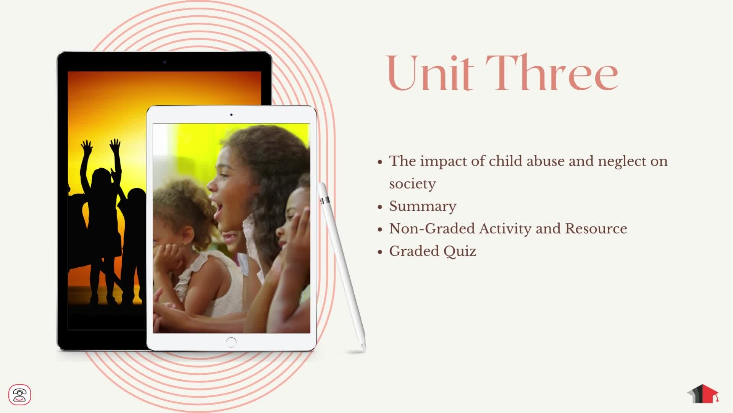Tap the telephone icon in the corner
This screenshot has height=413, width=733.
(x=19, y=395)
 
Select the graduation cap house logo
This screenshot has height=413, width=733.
(x=703, y=394)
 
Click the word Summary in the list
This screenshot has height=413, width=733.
(x=423, y=206)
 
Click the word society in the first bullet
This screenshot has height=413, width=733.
(x=412, y=184)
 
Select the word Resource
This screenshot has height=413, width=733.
(x=596, y=228)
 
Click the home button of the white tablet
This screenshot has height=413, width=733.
(x=231, y=342)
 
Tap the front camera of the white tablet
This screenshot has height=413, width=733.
(x=231, y=114)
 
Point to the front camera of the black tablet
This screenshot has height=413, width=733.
(x=165, y=62)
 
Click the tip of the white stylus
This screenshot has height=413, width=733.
(x=364, y=350)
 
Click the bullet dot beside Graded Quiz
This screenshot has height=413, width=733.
(x=380, y=252)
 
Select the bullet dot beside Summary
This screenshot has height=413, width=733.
(x=380, y=207)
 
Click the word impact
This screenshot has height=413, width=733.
(x=443, y=161)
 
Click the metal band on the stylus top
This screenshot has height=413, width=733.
(x=325, y=200)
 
